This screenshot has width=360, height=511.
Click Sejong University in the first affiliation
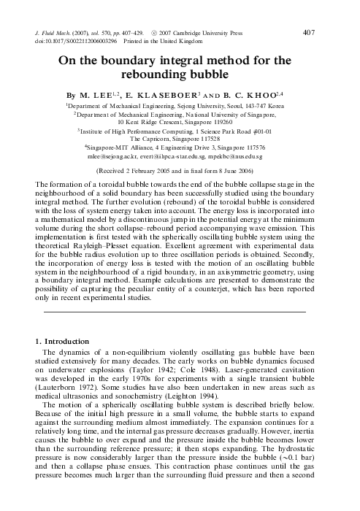(x=201, y=105)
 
